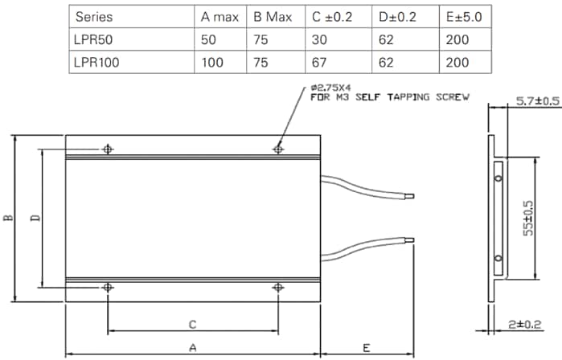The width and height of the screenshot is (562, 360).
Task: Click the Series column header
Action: coord(92,16)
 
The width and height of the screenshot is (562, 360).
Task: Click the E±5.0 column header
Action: coord(464,16)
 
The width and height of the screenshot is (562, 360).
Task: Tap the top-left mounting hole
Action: coord(108,149)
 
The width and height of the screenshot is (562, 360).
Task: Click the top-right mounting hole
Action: coord(278,149)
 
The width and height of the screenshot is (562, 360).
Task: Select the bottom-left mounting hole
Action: coord(108,287)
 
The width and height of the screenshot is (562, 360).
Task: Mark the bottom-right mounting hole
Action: coord(278,287)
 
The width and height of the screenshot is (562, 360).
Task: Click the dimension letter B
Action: coord(7,218)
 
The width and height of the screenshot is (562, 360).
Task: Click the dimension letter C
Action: coord(192,324)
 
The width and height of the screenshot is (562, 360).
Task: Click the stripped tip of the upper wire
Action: coord(411,195)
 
